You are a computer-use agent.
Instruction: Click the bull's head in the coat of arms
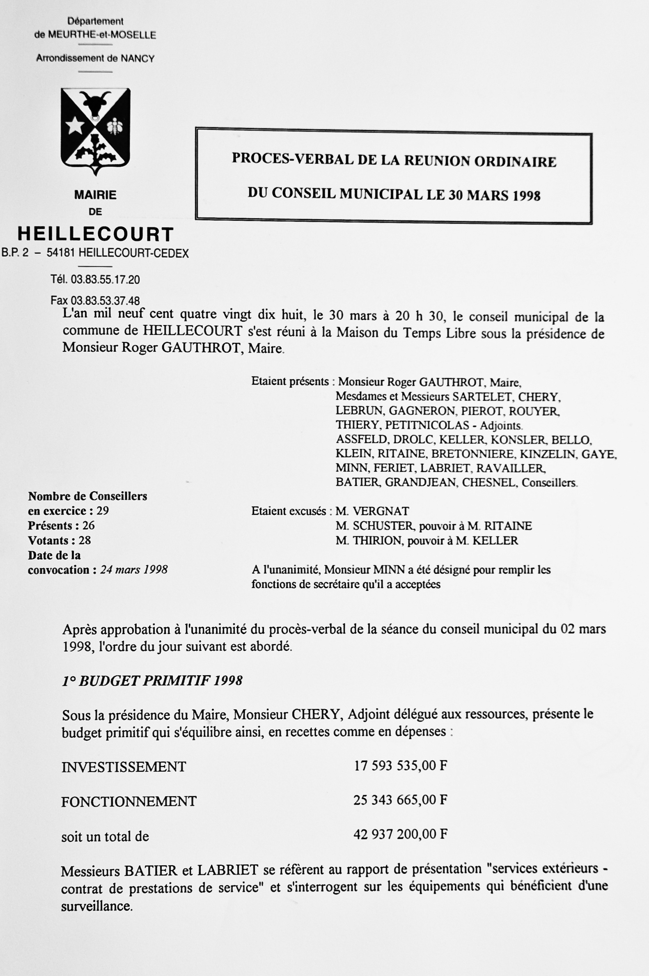(96, 104)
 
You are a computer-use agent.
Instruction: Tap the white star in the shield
(75, 125)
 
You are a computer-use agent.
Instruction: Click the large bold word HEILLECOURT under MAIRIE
(95, 234)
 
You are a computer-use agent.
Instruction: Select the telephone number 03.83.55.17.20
(105, 280)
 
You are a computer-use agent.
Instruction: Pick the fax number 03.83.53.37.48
(105, 300)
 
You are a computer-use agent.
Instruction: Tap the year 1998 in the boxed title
(527, 195)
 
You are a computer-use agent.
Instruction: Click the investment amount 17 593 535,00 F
(400, 766)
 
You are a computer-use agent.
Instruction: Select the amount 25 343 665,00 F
(400, 800)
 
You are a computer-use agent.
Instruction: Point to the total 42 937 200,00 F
(400, 834)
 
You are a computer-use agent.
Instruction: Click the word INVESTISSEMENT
(124, 767)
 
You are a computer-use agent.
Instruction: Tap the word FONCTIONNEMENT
(129, 802)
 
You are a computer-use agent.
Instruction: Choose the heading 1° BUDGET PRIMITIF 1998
(152, 680)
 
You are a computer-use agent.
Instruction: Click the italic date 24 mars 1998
(134, 570)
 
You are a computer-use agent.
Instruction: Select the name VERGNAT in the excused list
(381, 511)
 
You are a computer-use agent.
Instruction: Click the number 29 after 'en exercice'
(102, 511)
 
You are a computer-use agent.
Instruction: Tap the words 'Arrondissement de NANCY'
(95, 58)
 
